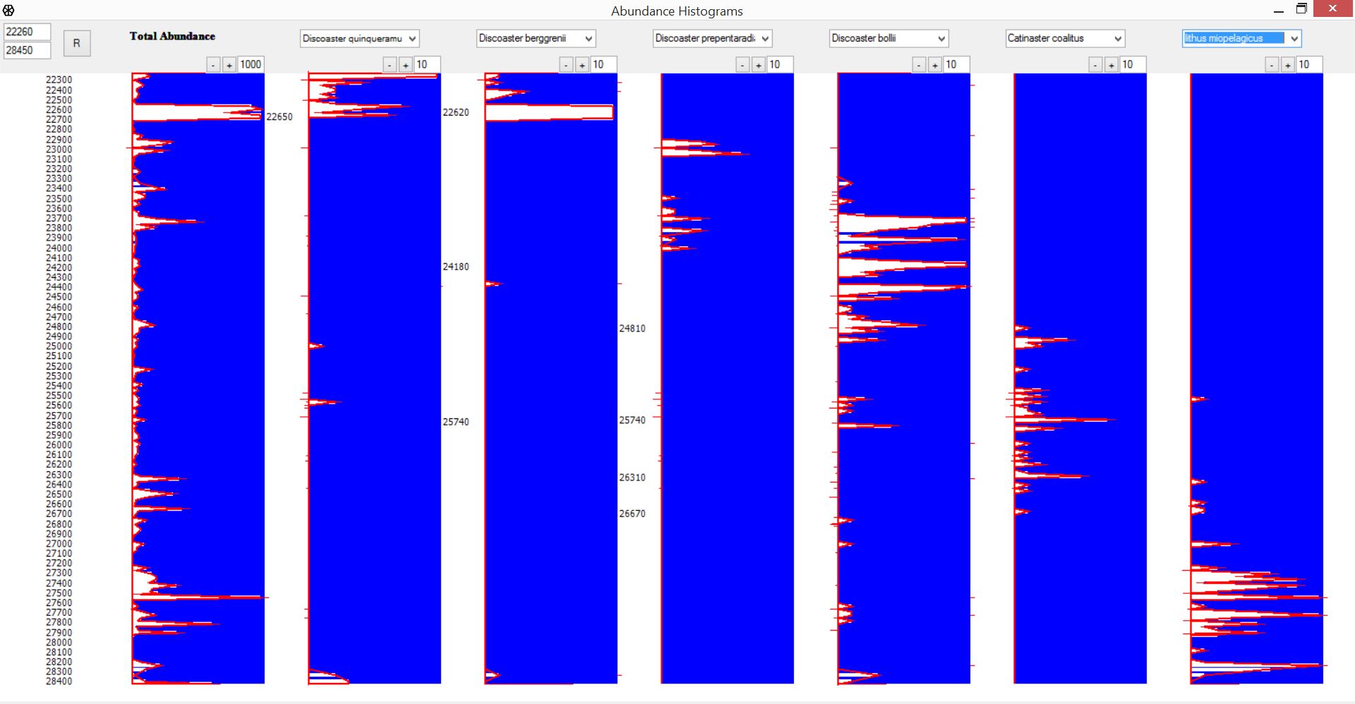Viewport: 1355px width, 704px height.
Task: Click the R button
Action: coord(76,43)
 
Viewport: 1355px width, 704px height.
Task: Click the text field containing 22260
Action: coord(27,32)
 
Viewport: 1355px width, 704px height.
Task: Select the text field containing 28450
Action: coord(27,50)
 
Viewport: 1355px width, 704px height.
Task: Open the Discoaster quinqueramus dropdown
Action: coord(359,39)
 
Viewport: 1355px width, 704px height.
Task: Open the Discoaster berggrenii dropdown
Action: coord(536,39)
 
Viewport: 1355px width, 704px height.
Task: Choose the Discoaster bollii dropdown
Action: coord(889,39)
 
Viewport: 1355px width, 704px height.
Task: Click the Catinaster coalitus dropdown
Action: coord(1065,39)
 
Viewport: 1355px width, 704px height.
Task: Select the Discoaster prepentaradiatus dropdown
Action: coord(712,39)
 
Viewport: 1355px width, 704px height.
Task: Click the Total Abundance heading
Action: coord(172,36)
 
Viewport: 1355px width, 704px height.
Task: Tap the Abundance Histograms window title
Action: coord(677,11)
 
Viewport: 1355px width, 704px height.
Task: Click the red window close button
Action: coord(1332,9)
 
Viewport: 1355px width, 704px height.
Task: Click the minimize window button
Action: coord(1278,10)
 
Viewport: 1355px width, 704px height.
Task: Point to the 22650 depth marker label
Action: coord(279,117)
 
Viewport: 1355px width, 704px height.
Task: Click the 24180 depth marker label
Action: coord(455,267)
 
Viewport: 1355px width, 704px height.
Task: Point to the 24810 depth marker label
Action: coord(632,329)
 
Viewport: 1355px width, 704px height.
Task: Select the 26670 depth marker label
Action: coord(632,514)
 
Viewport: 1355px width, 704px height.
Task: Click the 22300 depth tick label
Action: coord(59,80)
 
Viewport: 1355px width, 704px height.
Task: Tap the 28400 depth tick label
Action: coord(59,681)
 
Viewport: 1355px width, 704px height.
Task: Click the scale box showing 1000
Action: coord(251,65)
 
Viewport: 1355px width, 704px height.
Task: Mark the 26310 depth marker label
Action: coord(632,478)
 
